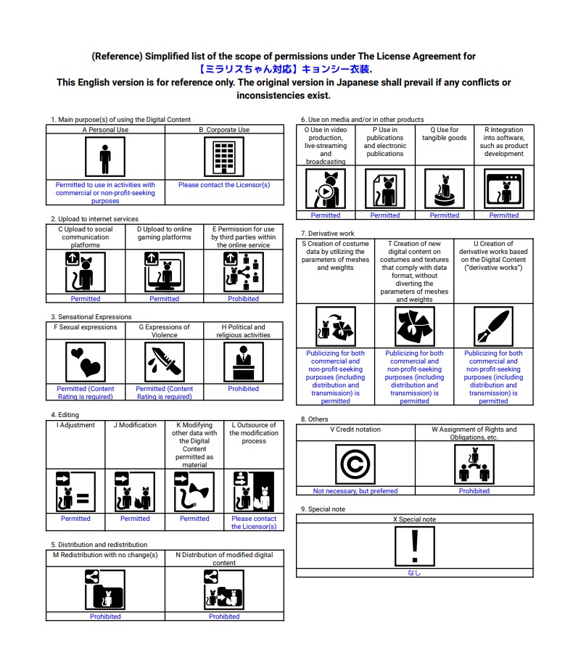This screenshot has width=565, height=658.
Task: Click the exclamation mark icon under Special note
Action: pyautogui.click(x=414, y=546)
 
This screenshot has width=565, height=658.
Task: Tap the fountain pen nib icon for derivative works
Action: pyautogui.click(x=493, y=326)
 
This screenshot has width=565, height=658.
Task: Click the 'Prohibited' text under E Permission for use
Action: pyautogui.click(x=243, y=299)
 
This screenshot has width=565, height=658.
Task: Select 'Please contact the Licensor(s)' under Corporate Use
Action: pyautogui.click(x=224, y=185)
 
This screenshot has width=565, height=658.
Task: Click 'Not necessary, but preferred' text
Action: pyautogui.click(x=355, y=491)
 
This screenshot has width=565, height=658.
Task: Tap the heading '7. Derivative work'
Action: pyautogui.click(x=328, y=233)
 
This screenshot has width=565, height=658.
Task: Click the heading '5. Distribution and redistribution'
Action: pyautogui.click(x=99, y=544)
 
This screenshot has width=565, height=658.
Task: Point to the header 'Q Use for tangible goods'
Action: pyautogui.click(x=444, y=134)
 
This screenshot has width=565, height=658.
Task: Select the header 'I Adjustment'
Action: pyautogui.click(x=75, y=425)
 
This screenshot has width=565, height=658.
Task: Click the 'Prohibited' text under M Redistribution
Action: pyautogui.click(x=105, y=617)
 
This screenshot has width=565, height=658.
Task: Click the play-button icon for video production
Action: pyautogui.click(x=326, y=190)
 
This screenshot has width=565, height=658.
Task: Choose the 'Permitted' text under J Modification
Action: pyautogui.click(x=135, y=519)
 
